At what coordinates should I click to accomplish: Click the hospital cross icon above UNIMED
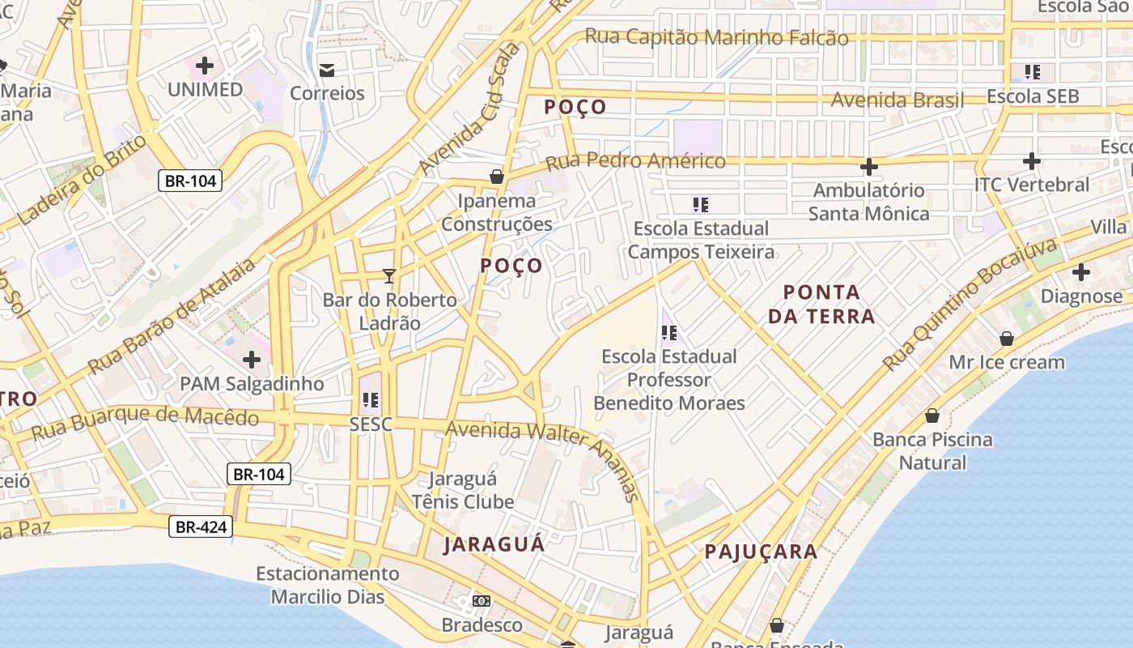pyautogui.click(x=205, y=65)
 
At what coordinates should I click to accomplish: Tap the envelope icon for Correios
pyautogui.click(x=327, y=70)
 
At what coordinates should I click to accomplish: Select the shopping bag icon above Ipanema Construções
pyautogui.click(x=497, y=177)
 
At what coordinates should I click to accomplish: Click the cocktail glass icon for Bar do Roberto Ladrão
pyautogui.click(x=389, y=276)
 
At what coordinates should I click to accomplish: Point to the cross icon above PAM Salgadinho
pyautogui.click(x=252, y=359)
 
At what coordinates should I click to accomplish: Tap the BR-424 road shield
pyautogui.click(x=201, y=527)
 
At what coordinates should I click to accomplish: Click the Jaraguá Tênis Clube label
pyautogui.click(x=463, y=490)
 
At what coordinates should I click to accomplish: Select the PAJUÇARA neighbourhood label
pyautogui.click(x=761, y=552)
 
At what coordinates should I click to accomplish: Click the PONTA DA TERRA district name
pyautogui.click(x=821, y=304)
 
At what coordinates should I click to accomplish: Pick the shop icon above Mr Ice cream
pyautogui.click(x=1007, y=339)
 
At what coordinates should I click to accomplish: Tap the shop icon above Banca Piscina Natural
pyautogui.click(x=932, y=416)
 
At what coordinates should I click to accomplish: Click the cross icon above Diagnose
pyautogui.click(x=1081, y=272)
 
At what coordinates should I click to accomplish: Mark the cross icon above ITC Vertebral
pyautogui.click(x=1031, y=161)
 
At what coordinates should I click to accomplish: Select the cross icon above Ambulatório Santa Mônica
pyautogui.click(x=868, y=167)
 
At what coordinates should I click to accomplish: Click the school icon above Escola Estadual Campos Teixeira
pyautogui.click(x=701, y=205)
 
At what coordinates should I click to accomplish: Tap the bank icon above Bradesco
pyautogui.click(x=482, y=601)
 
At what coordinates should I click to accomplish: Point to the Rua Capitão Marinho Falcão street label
pyautogui.click(x=716, y=37)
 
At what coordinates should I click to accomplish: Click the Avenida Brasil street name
pyautogui.click(x=897, y=100)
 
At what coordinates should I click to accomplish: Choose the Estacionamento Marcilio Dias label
pyautogui.click(x=328, y=586)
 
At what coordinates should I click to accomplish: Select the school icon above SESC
pyautogui.click(x=371, y=399)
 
